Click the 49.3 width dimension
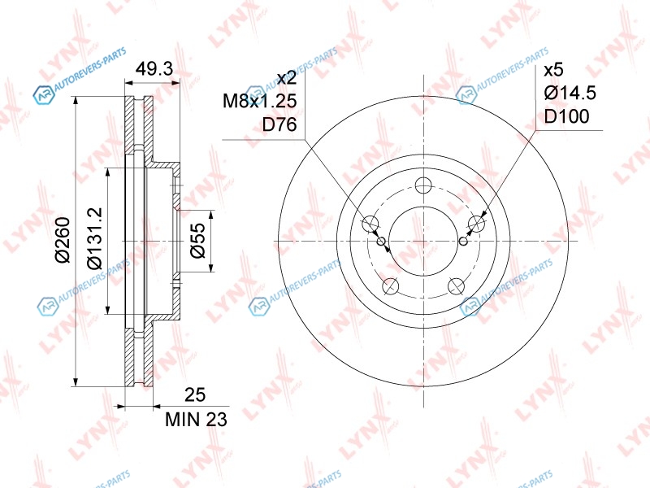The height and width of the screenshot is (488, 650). (154, 69)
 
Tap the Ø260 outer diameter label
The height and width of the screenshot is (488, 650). (63, 240)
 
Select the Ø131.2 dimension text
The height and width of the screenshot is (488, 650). (94, 237)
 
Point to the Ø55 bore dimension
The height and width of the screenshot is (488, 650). (197, 241)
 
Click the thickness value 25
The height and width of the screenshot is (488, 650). (195, 395)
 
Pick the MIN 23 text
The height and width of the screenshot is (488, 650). (196, 420)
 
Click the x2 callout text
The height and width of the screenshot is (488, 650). (287, 77)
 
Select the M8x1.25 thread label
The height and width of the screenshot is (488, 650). (260, 101)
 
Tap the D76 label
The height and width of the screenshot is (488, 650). (279, 124)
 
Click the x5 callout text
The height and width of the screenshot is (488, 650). (554, 70)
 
